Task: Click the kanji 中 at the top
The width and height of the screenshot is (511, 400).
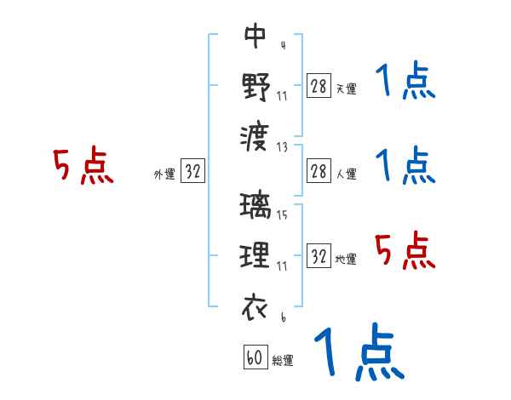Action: (255, 37)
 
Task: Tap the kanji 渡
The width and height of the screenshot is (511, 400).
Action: (255, 134)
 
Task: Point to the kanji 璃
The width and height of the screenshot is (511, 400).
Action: (255, 207)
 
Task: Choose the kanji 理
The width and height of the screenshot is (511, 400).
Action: (255, 255)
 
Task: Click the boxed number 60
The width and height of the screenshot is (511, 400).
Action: (254, 357)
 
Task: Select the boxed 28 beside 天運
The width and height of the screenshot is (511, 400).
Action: (319, 86)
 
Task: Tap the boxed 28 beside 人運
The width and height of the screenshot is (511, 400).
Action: (319, 171)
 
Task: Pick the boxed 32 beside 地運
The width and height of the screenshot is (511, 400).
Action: (319, 256)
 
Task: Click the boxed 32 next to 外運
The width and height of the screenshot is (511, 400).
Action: (192, 171)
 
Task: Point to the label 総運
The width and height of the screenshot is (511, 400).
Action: (282, 360)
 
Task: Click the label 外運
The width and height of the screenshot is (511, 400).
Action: (164, 174)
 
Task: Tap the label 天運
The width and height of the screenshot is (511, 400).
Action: (346, 89)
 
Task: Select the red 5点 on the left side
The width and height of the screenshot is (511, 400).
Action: (83, 166)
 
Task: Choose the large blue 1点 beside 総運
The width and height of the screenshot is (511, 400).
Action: (358, 351)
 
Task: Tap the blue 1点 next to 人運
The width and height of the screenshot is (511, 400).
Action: (405, 165)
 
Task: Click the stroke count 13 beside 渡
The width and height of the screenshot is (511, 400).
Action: (282, 146)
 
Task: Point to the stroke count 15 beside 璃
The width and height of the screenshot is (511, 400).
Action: (282, 214)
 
